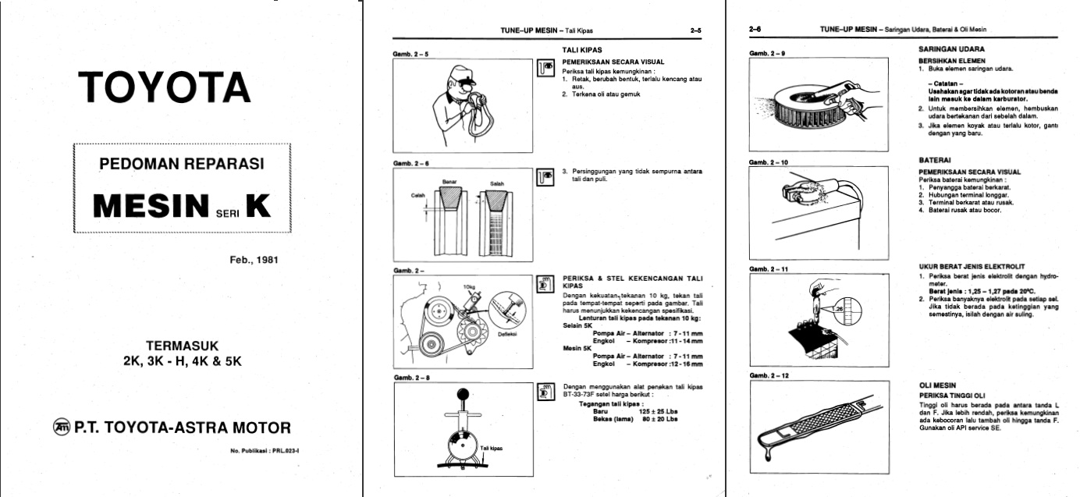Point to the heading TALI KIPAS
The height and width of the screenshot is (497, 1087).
tap(581, 50)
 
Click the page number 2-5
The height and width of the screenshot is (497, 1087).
tap(696, 31)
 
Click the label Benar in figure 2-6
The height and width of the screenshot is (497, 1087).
tap(449, 183)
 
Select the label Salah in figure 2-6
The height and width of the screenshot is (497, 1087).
tap(497, 183)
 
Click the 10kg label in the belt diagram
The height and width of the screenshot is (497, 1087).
tap(468, 286)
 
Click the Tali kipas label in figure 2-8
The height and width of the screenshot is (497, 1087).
tap(491, 448)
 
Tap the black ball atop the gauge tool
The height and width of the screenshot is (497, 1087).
tap(463, 393)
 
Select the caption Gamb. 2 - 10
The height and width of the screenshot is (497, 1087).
tap(768, 162)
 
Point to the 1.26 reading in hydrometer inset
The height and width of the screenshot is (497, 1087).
tap(839, 309)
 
